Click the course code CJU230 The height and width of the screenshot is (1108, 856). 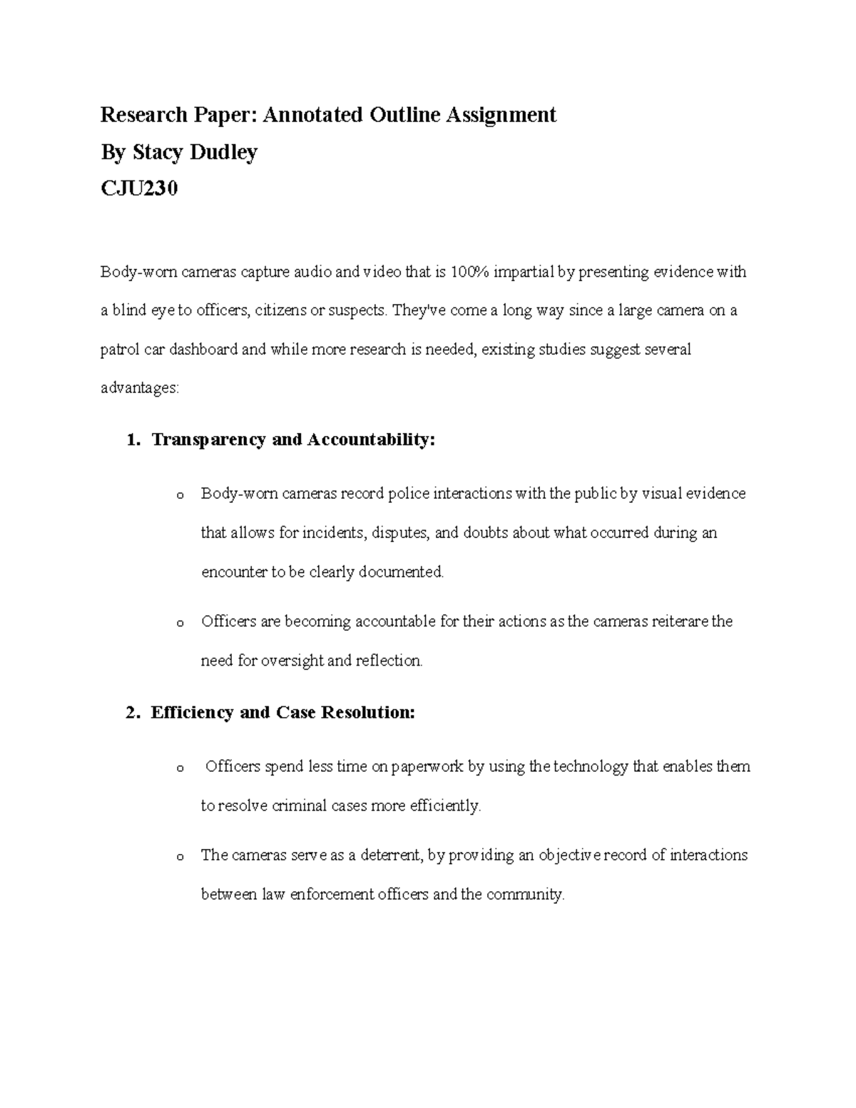(x=138, y=189)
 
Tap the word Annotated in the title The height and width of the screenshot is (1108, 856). (x=313, y=115)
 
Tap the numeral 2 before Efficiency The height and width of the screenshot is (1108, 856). (x=130, y=713)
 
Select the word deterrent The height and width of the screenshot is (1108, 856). (x=392, y=855)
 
